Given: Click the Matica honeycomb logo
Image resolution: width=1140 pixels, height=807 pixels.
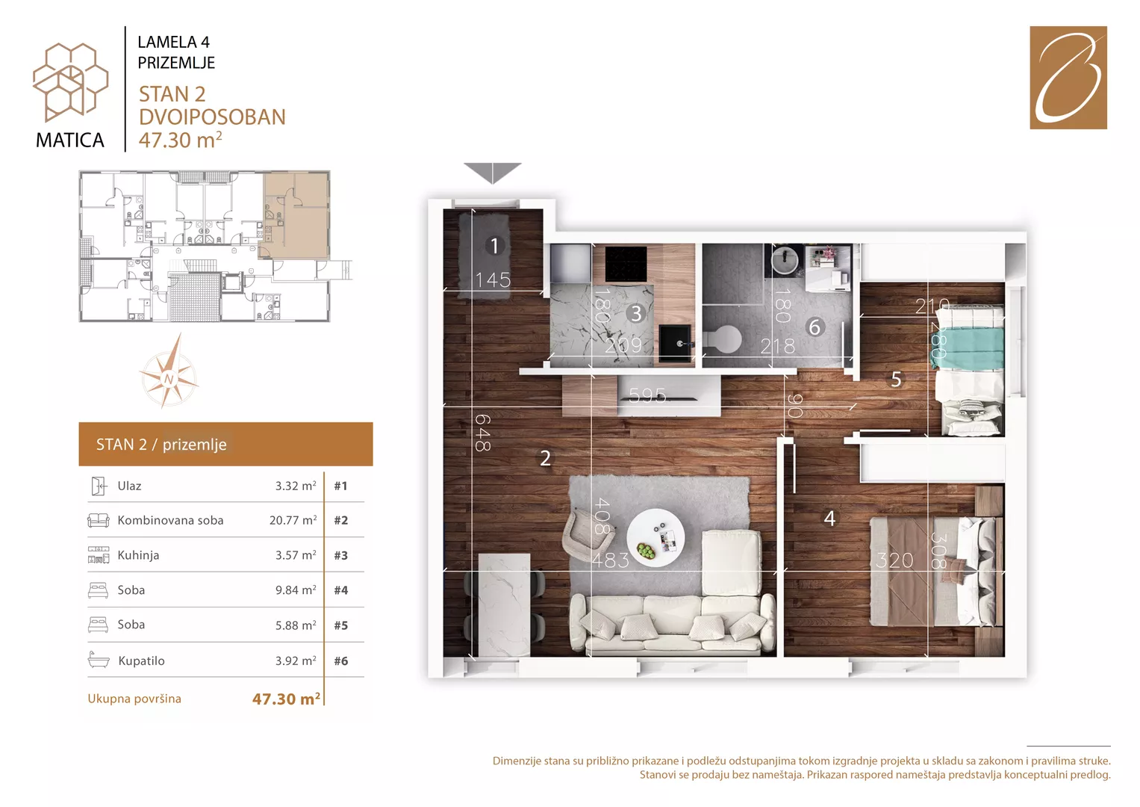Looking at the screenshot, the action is click(x=70, y=82).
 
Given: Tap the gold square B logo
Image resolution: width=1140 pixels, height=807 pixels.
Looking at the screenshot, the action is click(x=1068, y=78).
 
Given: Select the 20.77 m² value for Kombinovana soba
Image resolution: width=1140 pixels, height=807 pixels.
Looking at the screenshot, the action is click(x=293, y=520).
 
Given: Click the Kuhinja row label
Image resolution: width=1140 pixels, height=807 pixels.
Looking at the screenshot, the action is click(x=138, y=554).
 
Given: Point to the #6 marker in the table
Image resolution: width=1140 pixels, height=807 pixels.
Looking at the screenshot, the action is click(x=341, y=661).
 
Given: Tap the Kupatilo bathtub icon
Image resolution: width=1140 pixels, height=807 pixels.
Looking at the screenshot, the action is click(x=99, y=660).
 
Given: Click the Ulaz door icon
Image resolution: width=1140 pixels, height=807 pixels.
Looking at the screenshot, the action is click(x=99, y=486).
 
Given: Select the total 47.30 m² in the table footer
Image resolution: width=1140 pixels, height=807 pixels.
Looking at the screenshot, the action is click(x=286, y=699).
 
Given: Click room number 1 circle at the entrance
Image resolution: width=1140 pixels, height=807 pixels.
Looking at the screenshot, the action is click(x=494, y=246).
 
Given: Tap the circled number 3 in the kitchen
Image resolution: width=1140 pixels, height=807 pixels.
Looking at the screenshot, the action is click(x=635, y=314).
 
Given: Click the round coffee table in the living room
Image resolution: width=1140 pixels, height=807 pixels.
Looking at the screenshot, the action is click(x=655, y=537).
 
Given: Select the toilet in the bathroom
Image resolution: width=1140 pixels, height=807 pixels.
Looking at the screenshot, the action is click(x=723, y=338).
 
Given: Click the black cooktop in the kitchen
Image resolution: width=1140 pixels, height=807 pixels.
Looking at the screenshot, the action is click(x=626, y=264).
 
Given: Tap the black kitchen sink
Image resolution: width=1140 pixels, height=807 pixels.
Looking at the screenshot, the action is click(x=676, y=342).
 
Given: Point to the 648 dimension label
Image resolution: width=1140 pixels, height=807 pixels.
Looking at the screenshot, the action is click(x=482, y=433).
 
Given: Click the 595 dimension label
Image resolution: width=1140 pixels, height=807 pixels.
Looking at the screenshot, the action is click(x=647, y=395).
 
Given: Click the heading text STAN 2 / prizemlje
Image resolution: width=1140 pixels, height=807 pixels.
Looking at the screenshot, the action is click(x=161, y=445).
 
